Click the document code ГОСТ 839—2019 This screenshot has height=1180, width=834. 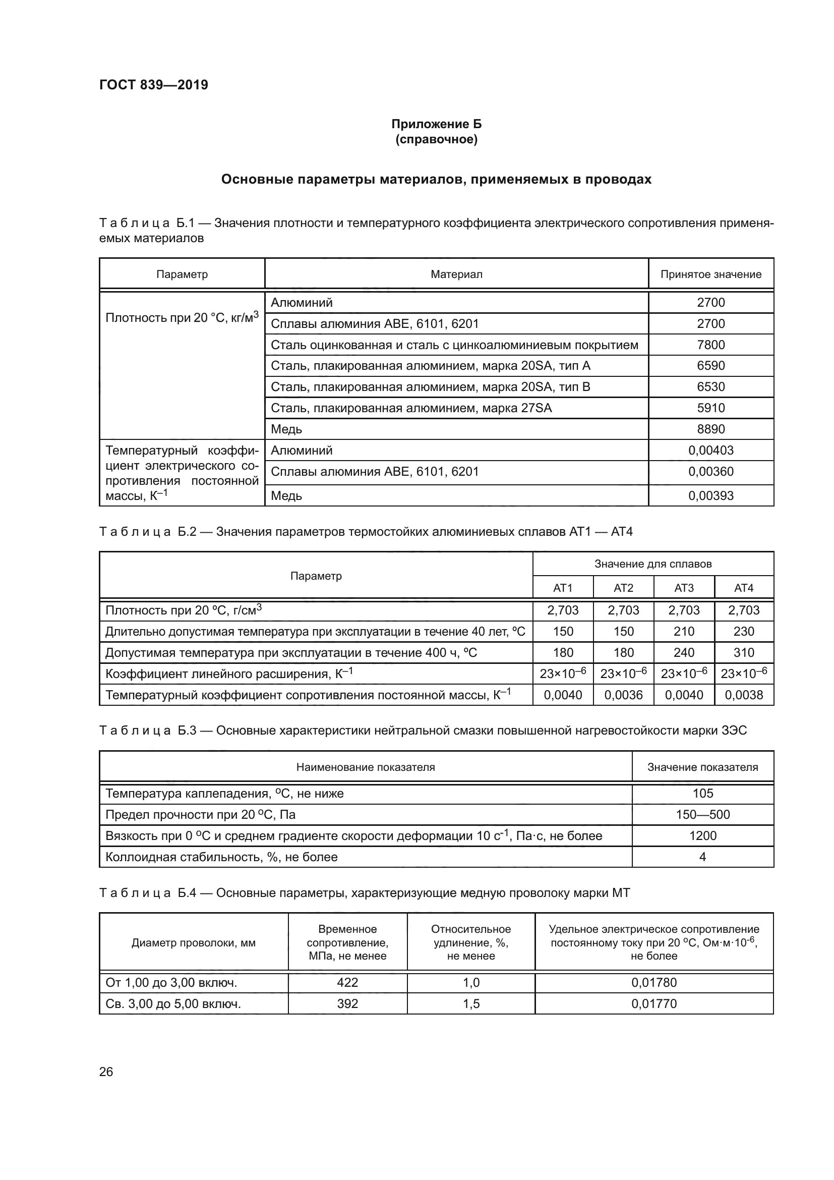point(154,85)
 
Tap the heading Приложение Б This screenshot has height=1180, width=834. point(436,124)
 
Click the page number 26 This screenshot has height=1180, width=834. point(106,1072)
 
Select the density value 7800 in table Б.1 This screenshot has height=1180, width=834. point(710,345)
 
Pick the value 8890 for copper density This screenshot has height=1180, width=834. point(710,429)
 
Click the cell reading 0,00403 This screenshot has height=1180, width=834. point(710,451)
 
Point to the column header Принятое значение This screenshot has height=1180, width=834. point(710,274)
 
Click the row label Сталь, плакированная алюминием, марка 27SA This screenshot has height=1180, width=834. point(411,408)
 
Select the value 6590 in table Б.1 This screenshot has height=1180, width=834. point(710,366)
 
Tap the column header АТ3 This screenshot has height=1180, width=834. point(684,588)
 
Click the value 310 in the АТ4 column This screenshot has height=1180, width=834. point(744,653)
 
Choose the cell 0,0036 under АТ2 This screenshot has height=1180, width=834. point(623,695)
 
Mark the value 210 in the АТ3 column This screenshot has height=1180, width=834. point(684,632)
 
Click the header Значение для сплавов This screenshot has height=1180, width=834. point(652,565)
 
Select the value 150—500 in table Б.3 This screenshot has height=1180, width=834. point(702,815)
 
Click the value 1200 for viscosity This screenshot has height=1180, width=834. point(702,835)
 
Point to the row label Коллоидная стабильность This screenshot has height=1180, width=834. point(221,857)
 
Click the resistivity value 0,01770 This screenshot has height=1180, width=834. point(654,1004)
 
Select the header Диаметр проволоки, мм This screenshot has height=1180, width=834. point(194,943)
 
